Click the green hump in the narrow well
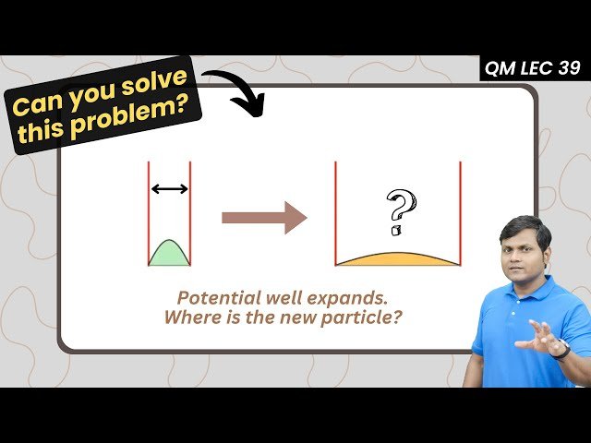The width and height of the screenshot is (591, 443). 169,255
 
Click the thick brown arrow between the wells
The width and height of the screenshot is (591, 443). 264,218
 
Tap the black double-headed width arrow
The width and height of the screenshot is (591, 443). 169,188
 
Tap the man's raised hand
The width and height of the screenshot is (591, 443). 534,338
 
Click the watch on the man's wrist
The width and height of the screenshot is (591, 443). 561,349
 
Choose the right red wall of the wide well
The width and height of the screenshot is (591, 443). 460,212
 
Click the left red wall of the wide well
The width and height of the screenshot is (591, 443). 335,212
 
